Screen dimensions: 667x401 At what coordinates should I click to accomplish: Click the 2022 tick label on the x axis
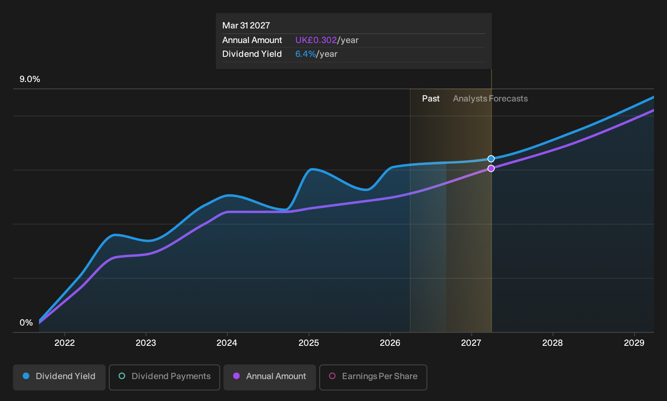[x=64, y=343]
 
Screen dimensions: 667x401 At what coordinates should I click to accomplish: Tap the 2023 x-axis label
[x=145, y=343]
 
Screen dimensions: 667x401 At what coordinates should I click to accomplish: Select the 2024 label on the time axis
[x=227, y=343]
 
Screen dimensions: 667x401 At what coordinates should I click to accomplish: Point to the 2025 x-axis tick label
[x=308, y=343]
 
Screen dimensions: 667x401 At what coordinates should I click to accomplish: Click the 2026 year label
[x=390, y=343]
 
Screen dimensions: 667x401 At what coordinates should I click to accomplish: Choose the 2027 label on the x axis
[x=471, y=343]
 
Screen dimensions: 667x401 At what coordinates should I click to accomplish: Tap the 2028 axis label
[x=552, y=343]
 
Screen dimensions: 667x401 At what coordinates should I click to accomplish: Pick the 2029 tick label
[x=634, y=343]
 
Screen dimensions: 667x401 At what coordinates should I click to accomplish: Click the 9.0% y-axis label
[x=30, y=79]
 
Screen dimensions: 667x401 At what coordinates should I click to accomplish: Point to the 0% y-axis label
[x=26, y=323]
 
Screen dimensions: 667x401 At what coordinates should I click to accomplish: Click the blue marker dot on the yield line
[x=491, y=159]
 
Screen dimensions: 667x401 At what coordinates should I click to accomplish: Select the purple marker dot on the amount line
[x=491, y=168]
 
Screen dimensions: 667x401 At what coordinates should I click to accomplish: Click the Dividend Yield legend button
[x=59, y=377]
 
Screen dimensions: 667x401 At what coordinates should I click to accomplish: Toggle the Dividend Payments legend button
[x=165, y=377]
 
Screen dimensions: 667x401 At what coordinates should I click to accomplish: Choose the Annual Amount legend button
[x=269, y=377]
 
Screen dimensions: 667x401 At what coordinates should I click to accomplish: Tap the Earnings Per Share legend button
[x=373, y=377]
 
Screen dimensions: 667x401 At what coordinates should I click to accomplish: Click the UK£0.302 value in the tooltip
[x=316, y=40]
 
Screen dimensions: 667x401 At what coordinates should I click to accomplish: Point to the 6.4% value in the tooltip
[x=305, y=54]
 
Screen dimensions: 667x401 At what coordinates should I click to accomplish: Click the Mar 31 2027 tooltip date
[x=246, y=26]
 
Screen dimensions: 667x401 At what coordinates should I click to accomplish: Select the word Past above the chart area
[x=431, y=99]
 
